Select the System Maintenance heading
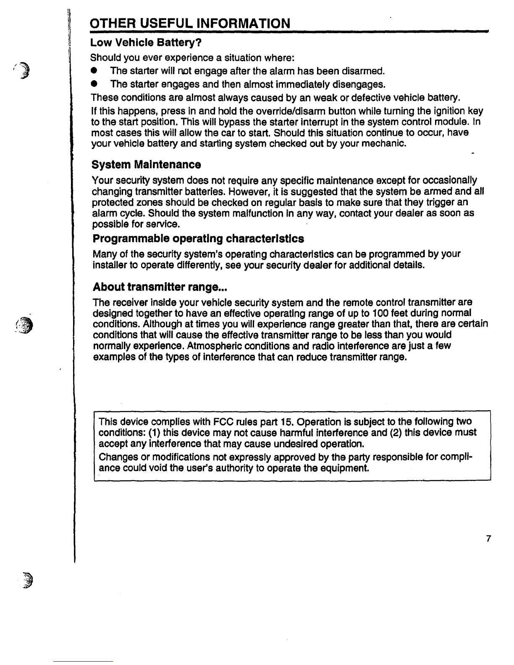146,164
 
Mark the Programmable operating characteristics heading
198,239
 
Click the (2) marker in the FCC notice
396,432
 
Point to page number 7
488,539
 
